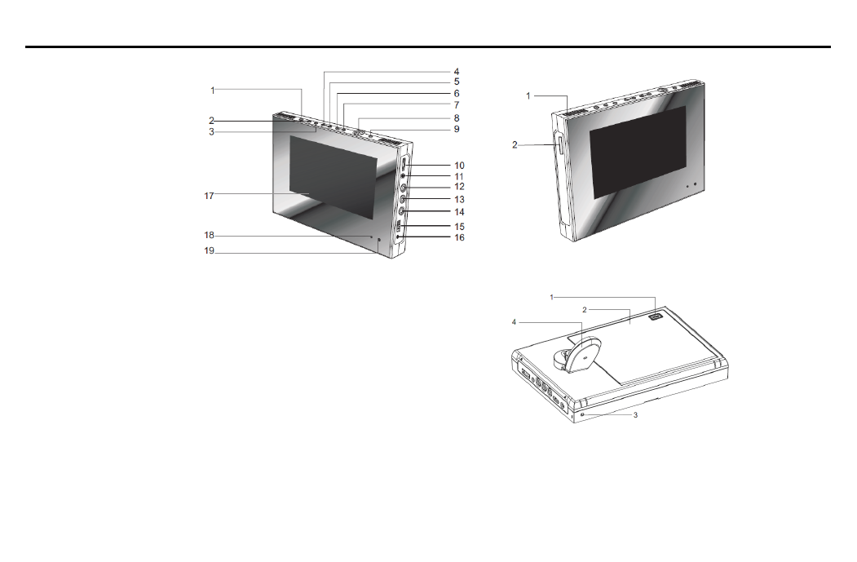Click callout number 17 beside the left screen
coord(209,196)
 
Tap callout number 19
coord(210,251)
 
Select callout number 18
coord(210,235)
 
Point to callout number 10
coord(459,165)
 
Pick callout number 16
coord(459,237)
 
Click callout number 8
coord(457,118)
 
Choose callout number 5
coord(457,82)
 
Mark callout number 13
coord(459,200)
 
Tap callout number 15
coord(459,226)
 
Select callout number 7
coord(457,105)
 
